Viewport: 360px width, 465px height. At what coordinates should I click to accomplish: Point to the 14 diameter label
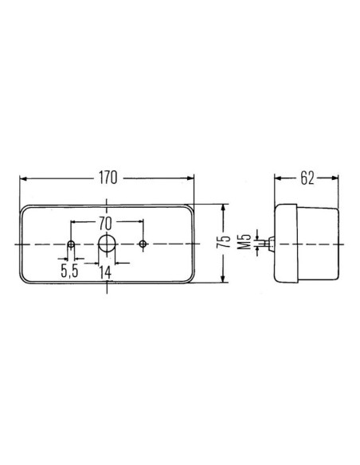pos(106,272)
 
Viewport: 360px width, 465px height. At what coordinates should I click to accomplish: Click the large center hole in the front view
pos(107,244)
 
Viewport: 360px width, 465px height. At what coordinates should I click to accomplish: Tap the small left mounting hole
pos(72,244)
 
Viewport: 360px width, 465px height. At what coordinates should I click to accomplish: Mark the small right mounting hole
pos(143,244)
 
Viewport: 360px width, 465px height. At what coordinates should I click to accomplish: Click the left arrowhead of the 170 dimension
pos(24,178)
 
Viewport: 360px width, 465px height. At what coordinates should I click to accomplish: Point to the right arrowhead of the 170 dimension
pos(190,178)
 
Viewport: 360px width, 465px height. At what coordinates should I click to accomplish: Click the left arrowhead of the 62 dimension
pos(278,178)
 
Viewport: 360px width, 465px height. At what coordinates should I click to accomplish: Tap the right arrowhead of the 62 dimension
pos(337,178)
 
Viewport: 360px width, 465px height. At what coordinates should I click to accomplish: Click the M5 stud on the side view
pos(271,243)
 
